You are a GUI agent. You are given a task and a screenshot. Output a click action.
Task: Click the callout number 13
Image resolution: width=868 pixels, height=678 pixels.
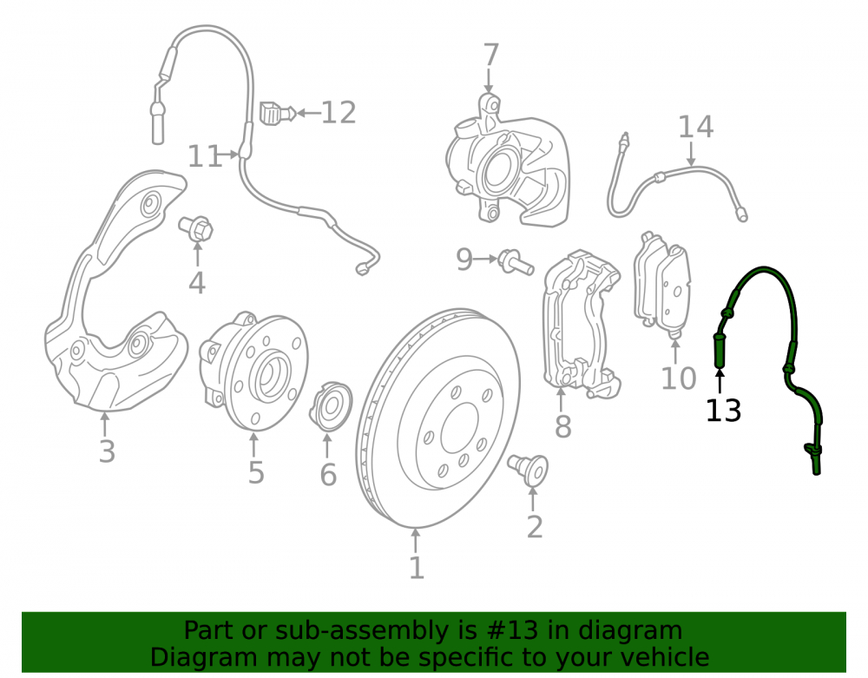click(723, 411)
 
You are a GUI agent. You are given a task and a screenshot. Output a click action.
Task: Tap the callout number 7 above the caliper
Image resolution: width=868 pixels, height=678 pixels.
click(490, 56)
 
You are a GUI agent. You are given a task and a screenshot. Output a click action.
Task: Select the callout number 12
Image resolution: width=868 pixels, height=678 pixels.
click(339, 113)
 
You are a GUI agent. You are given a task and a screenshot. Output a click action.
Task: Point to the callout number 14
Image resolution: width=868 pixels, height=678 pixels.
click(696, 127)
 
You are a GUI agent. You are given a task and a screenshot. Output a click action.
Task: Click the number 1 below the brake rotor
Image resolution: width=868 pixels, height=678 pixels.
click(417, 568)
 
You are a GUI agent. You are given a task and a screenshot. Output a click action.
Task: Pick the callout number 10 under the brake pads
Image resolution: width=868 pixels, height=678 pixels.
click(679, 378)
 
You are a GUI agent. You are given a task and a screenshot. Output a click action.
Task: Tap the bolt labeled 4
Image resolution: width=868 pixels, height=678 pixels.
click(195, 228)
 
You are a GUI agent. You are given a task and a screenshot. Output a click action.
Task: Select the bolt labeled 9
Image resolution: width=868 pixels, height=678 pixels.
click(516, 262)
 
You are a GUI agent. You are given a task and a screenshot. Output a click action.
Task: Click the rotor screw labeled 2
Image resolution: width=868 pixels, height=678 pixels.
click(528, 470)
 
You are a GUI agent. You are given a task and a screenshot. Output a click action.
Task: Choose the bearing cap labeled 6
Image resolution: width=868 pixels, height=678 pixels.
click(331, 406)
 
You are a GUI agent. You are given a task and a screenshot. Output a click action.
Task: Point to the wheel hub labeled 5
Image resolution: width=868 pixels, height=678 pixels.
click(253, 371)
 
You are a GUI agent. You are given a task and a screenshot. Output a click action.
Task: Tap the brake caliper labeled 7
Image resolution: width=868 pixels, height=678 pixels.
click(508, 161)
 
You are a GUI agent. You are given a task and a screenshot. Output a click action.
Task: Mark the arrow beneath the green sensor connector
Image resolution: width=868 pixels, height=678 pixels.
click(720, 383)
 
